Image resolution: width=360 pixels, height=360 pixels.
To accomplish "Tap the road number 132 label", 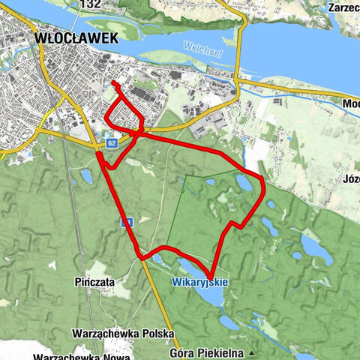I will (90, 4).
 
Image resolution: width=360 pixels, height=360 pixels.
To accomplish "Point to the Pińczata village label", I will (94, 281).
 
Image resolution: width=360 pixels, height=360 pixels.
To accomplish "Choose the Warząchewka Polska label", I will (123, 332).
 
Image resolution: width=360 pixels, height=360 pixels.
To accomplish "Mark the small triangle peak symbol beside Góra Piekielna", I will (253, 352).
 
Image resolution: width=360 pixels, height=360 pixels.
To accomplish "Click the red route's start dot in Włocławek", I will (113, 82).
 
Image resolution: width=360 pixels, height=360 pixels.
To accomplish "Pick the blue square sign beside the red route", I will (127, 222).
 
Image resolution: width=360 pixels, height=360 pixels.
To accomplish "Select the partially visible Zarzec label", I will (343, 7).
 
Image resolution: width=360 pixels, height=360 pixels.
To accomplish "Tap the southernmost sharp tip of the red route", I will (211, 277).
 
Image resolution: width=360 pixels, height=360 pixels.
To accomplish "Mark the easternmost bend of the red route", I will (264, 179).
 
